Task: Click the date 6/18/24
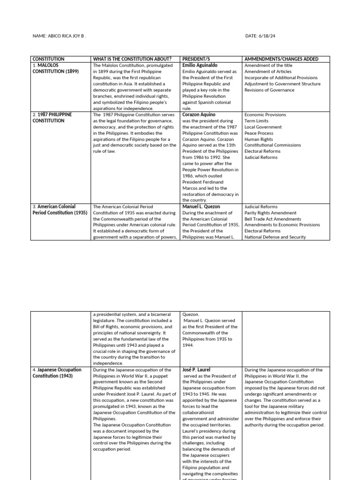[263, 36]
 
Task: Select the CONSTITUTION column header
[48, 59]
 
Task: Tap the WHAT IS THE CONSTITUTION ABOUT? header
[132, 59]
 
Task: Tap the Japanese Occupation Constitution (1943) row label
[57, 373]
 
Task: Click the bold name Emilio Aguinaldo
[200, 66]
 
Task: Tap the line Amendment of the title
[268, 66]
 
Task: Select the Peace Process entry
[259, 133]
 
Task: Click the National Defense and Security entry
[275, 237]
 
